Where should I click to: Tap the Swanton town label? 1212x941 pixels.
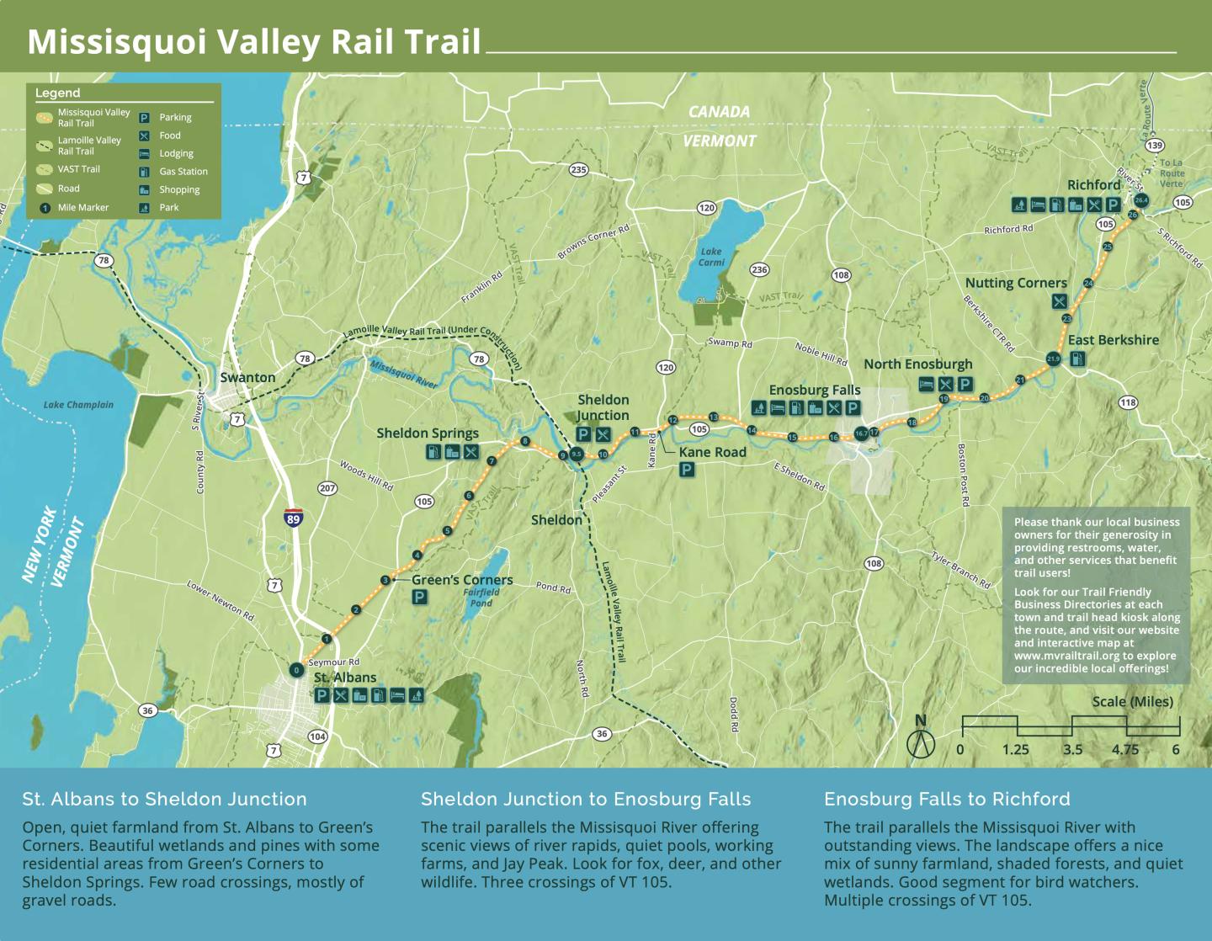(x=247, y=377)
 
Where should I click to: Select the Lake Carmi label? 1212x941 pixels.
(x=711, y=257)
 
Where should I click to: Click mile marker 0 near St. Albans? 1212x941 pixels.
(x=296, y=670)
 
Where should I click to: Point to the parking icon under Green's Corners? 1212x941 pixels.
(x=419, y=598)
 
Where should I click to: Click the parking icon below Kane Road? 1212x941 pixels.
(x=687, y=470)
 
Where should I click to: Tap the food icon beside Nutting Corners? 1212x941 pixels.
(x=1060, y=301)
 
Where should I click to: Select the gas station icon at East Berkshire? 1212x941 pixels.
(x=1076, y=359)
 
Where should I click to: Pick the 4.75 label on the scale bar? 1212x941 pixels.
(x=1124, y=749)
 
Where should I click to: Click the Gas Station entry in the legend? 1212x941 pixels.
(x=183, y=172)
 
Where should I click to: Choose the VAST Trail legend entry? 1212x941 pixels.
(x=78, y=169)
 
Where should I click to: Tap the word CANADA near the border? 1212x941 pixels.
(x=719, y=112)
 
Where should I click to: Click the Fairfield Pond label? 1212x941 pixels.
(x=481, y=598)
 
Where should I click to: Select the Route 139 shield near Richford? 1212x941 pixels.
(x=1155, y=146)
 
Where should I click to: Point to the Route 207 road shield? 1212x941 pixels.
(x=327, y=488)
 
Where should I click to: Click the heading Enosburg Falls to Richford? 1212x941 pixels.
(x=947, y=799)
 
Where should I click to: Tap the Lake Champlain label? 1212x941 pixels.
(x=78, y=405)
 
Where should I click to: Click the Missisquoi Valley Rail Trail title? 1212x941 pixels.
(x=254, y=42)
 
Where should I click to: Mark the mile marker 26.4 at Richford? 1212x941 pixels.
(x=1141, y=200)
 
